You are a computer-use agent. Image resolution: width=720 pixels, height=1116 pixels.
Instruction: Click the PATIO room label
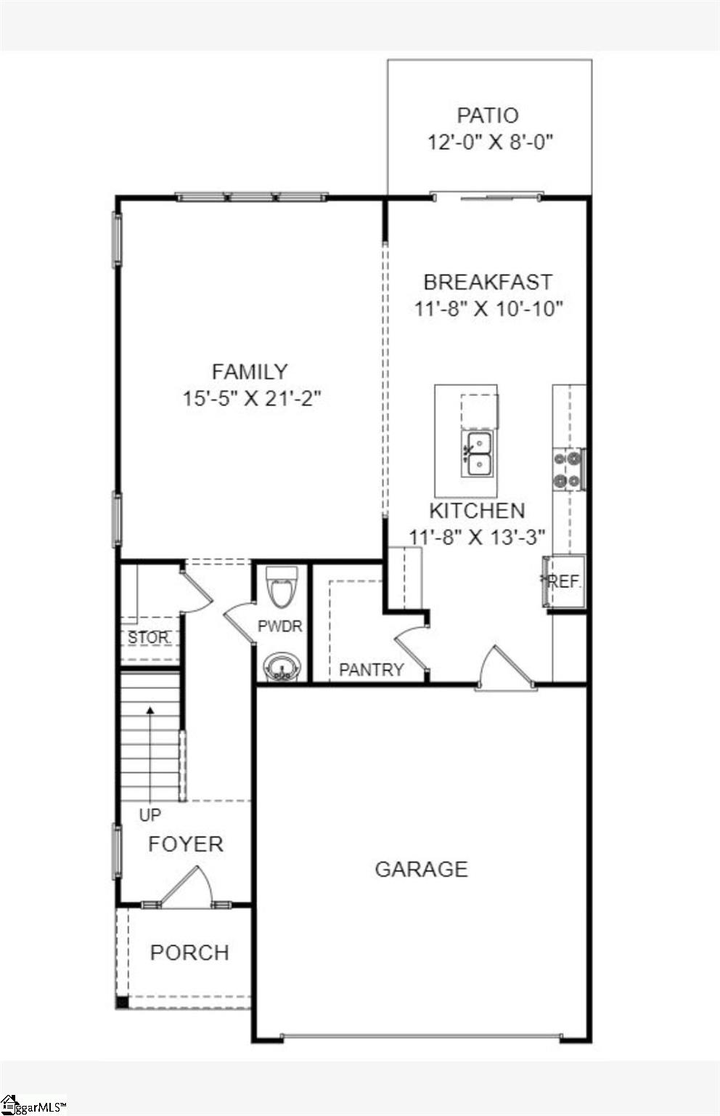(488, 116)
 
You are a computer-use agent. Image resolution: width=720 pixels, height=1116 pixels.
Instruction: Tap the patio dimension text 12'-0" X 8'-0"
(490, 142)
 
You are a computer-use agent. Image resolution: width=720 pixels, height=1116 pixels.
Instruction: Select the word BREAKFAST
(488, 282)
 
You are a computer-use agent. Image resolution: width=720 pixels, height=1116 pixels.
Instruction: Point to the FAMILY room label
(250, 371)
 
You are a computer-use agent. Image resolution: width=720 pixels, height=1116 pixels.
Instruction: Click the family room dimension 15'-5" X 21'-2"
(251, 398)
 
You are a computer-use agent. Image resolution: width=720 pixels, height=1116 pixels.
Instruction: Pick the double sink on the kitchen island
(478, 453)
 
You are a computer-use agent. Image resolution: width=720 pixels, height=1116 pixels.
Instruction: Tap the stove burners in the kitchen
(568, 469)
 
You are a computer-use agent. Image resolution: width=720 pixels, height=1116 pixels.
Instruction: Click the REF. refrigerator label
(564, 582)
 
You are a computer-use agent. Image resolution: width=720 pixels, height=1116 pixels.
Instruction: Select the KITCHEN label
(477, 510)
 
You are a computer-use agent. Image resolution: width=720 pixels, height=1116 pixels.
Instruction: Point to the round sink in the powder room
(281, 666)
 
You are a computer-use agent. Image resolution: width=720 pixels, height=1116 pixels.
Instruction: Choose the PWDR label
(279, 626)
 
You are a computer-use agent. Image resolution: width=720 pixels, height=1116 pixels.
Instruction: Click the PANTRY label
(371, 669)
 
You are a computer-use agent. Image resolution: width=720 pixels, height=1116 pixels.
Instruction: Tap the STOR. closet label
(149, 638)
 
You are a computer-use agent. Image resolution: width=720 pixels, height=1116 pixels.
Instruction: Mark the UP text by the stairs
(150, 815)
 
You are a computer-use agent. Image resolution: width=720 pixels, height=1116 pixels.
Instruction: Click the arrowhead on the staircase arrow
(150, 710)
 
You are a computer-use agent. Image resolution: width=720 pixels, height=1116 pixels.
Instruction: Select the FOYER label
(186, 844)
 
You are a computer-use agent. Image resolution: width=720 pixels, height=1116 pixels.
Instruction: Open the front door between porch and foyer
(186, 888)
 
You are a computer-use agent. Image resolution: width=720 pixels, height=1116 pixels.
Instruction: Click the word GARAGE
(421, 869)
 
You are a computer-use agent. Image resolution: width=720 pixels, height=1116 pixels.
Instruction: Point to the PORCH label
(189, 952)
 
